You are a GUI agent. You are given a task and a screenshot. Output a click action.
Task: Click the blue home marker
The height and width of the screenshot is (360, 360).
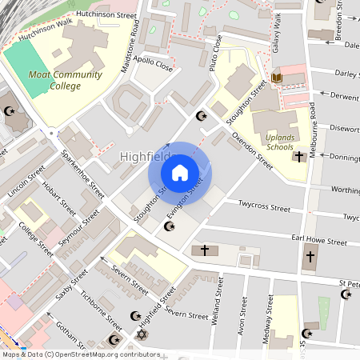[x=180, y=172]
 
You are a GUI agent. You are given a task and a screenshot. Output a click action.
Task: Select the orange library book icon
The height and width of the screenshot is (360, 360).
[x=278, y=78]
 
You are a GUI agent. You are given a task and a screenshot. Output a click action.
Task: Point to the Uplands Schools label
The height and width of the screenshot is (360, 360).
[x=279, y=142]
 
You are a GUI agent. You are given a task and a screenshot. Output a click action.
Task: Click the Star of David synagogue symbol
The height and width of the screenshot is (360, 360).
[x=142, y=334]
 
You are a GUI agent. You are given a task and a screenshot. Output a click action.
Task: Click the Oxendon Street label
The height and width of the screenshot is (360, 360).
[x=253, y=151]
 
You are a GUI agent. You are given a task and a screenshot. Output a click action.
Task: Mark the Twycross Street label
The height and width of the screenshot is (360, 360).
[x=264, y=206]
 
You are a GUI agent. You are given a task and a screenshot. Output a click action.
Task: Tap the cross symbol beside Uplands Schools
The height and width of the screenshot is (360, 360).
[x=298, y=157]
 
